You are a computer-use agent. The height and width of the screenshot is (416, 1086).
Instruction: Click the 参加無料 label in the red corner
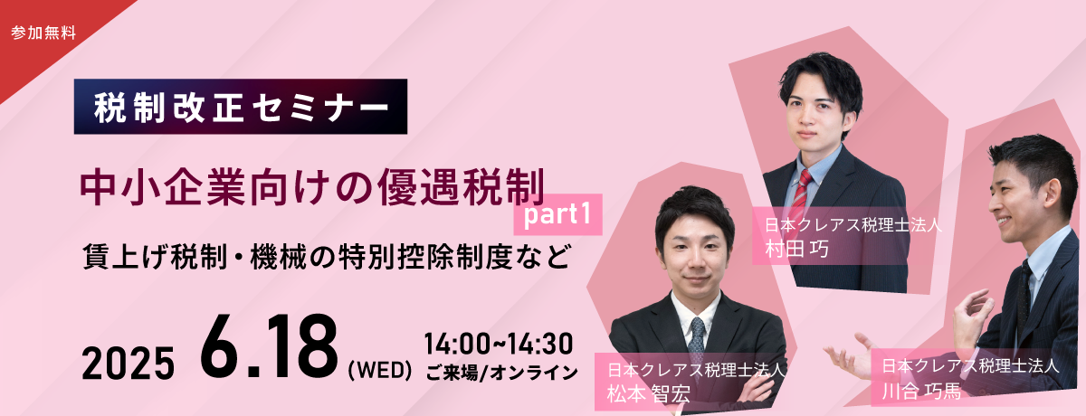pos(43,33)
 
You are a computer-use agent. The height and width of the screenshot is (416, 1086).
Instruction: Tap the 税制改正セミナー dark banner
pos(241,107)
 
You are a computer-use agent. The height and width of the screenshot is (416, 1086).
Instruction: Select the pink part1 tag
pos(558,214)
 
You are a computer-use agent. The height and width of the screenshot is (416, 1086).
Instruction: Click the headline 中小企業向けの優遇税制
pos(312,187)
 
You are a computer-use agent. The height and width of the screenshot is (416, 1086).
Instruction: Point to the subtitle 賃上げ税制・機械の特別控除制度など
pos(327,256)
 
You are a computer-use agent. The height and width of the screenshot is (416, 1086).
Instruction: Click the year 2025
pos(128,364)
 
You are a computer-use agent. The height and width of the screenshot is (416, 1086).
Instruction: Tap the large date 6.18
pos(269,346)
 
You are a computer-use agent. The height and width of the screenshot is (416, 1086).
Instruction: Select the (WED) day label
pos(380,371)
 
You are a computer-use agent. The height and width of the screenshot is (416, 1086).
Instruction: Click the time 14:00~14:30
pos(499,344)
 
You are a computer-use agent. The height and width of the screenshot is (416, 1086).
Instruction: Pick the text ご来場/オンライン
pos(501,373)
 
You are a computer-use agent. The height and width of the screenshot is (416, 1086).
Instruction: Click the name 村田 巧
pos(796,250)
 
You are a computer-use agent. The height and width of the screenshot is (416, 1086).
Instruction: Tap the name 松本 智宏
pos(649,393)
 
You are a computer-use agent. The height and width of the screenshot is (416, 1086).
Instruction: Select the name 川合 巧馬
pos(921,391)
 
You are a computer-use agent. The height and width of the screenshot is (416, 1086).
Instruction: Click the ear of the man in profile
pos(1053,193)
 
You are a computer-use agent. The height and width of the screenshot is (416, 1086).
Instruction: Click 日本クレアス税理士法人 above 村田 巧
pos(853,226)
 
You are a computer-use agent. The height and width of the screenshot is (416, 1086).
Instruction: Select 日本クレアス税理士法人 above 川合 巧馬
pos(970,365)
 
